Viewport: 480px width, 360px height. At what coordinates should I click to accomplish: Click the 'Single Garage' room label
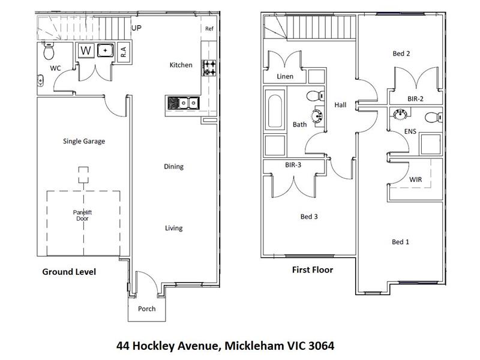(84, 141)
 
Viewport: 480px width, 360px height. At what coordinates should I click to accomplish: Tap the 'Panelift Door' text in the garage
(82, 215)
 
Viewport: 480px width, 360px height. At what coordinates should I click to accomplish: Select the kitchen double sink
(183, 103)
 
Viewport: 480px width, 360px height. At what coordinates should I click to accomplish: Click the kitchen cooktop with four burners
(209, 68)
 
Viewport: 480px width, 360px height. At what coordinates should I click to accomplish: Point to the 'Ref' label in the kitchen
(209, 28)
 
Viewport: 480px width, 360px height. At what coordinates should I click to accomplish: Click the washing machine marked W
(86, 50)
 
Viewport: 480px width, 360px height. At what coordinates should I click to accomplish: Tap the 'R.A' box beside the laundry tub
(124, 52)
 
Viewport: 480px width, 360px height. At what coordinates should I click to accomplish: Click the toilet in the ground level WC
(49, 51)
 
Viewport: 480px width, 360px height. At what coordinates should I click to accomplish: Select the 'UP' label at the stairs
(136, 28)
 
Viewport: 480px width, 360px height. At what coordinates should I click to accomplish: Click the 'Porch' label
(146, 308)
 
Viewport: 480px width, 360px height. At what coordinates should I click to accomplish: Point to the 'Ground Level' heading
(69, 272)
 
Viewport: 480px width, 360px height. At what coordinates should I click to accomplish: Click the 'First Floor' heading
(313, 269)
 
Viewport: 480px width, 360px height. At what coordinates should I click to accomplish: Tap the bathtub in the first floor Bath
(275, 111)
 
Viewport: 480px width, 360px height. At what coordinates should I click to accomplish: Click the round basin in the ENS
(400, 114)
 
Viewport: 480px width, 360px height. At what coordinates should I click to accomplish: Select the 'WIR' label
(415, 179)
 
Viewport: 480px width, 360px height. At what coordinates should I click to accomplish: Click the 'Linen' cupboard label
(285, 76)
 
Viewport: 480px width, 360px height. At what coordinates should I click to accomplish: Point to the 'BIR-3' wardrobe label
(293, 165)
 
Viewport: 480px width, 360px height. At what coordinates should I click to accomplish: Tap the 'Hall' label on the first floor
(340, 105)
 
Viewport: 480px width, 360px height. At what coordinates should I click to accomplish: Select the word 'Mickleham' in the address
(254, 346)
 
